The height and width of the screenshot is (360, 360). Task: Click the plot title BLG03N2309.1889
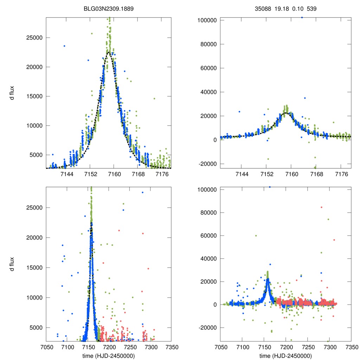tap(108, 8)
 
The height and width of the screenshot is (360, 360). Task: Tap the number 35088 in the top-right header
tap(262, 8)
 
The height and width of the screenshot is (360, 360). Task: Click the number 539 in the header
tap(311, 8)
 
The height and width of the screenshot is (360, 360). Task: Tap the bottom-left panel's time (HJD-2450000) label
tap(108, 356)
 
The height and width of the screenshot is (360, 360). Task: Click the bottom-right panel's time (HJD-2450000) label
tap(285, 356)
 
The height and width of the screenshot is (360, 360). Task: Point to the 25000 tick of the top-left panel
tap(36, 38)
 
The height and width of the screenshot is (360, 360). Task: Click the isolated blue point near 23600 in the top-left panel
tap(64, 46)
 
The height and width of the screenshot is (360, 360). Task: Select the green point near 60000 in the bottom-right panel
tap(256, 236)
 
